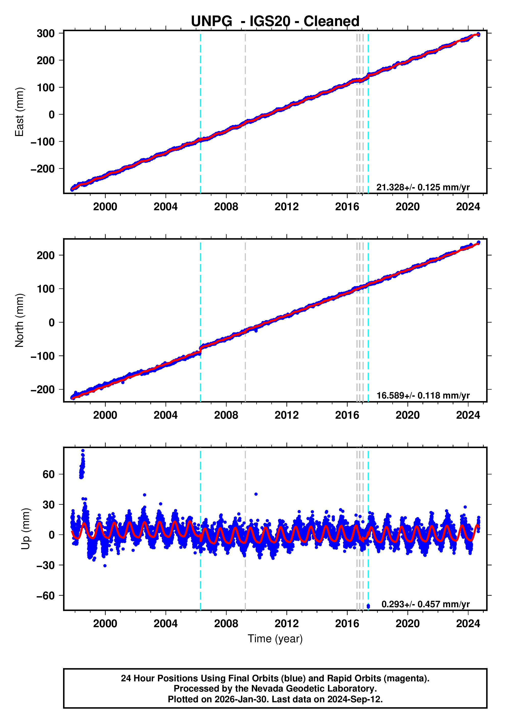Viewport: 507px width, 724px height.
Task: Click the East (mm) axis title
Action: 20,112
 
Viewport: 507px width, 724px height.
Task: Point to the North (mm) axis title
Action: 20,320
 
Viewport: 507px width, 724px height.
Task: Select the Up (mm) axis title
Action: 26,529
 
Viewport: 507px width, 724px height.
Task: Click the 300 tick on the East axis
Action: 45,33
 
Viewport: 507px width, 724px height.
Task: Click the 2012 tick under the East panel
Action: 286,207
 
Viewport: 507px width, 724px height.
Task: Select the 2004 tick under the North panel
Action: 165,415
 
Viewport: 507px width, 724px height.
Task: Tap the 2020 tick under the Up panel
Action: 407,624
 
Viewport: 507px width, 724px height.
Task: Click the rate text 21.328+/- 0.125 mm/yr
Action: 423,187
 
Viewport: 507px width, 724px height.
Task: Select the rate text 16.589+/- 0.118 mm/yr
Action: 423,395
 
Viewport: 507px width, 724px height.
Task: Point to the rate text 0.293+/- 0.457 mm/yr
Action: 425,604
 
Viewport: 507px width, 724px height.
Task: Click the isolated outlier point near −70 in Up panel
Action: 368,606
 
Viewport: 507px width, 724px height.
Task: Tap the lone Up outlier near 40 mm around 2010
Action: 256,494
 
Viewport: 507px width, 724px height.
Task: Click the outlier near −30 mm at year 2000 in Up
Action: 105,566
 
